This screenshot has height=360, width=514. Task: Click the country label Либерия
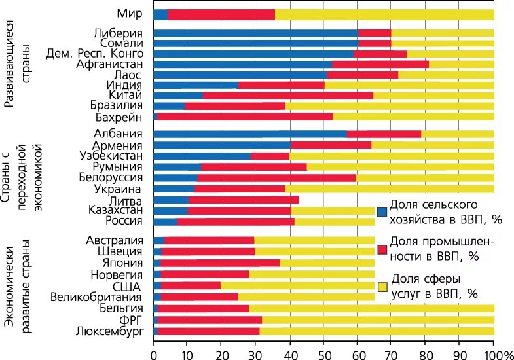pyautogui.click(x=121, y=33)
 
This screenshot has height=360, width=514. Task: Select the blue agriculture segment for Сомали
pyautogui.click(x=255, y=43)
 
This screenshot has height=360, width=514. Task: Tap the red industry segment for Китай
pyautogui.click(x=288, y=96)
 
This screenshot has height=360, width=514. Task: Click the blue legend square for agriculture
pyautogui.click(x=382, y=211)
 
